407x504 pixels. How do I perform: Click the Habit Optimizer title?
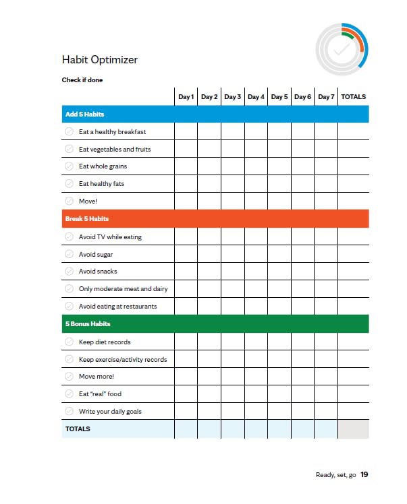coord(100,60)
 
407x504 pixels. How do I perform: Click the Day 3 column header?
coord(233,97)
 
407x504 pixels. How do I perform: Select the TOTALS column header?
coord(353,97)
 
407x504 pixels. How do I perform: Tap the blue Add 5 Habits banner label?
coord(84,115)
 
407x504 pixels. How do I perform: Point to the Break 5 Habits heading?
coord(86,219)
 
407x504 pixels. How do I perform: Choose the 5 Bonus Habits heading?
coord(88,324)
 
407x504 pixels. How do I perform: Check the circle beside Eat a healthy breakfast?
coord(69,132)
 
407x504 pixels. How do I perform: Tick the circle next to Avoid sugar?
coord(69,255)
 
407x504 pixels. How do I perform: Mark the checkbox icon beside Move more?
coord(69,377)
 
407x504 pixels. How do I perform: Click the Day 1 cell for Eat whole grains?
coord(186,166)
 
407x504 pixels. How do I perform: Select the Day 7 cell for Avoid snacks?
coord(326,272)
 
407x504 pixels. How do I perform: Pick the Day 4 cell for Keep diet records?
coord(256,342)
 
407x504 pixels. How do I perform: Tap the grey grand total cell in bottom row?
coord(353,429)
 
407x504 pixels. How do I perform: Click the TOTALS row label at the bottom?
coord(78,429)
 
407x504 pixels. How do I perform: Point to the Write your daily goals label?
coord(110,412)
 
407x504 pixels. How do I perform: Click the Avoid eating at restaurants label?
coord(117,307)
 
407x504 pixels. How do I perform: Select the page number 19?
coord(364,475)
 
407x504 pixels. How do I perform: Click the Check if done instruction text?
coord(82,80)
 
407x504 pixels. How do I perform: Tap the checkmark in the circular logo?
coord(342,50)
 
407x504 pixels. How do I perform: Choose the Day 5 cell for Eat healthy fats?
coord(279,184)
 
